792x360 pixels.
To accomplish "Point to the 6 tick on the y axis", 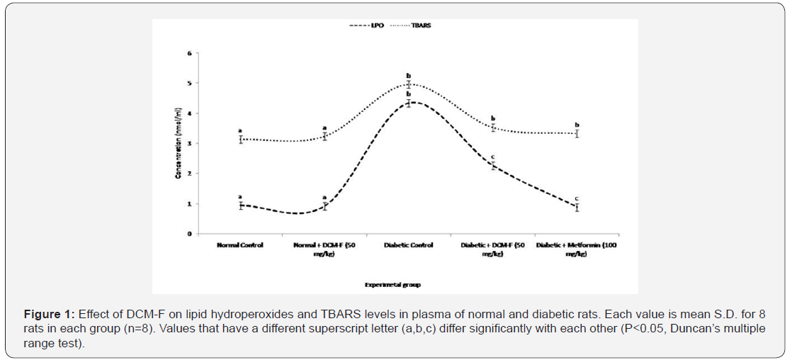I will (x=190, y=53).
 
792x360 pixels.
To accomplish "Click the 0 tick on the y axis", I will (x=190, y=234).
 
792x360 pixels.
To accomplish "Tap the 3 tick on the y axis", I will (x=190, y=143).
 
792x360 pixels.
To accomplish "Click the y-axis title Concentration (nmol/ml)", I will (x=179, y=142).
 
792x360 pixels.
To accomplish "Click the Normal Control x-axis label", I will (x=240, y=245).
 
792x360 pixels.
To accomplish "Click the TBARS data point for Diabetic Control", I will (x=408, y=84).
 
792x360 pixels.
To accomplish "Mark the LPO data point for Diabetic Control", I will (x=408, y=103).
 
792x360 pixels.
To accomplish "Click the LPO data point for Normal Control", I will (x=240, y=206).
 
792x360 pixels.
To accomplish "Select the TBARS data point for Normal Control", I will (x=240, y=140).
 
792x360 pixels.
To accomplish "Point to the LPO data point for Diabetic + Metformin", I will (x=577, y=207).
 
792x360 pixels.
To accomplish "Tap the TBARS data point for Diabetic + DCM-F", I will (x=492, y=128).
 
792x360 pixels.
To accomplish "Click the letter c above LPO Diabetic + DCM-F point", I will (x=492, y=157).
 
